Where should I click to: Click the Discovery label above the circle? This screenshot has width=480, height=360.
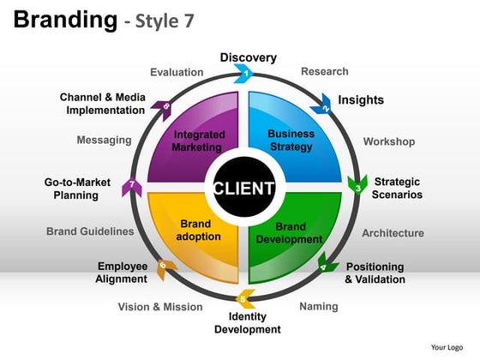[x=249, y=57]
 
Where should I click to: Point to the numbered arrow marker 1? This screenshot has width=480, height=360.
[x=248, y=75]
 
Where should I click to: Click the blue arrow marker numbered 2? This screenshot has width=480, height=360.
[x=325, y=107]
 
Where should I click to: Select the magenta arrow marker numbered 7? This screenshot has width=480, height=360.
[x=130, y=185]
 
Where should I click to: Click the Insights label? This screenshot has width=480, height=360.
[x=361, y=100]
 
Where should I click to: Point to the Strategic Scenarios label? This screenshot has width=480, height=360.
[x=397, y=188]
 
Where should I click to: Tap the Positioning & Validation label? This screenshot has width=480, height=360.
[x=375, y=273]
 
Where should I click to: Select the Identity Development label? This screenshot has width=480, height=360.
[x=247, y=323]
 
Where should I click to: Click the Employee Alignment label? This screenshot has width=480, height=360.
[x=122, y=273]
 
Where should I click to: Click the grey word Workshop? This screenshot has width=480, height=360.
[x=388, y=141]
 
